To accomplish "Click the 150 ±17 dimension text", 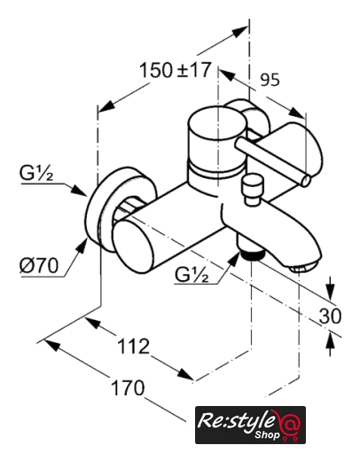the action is pyautogui.click(x=176, y=70).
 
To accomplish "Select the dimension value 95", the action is pyautogui.click(x=270, y=80).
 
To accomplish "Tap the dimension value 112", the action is pyautogui.click(x=133, y=346).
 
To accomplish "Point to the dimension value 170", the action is pyautogui.click(x=128, y=387).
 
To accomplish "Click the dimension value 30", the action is pyautogui.click(x=330, y=316).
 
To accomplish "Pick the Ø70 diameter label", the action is pyautogui.click(x=39, y=266).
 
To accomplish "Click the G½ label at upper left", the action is pyautogui.click(x=36, y=174).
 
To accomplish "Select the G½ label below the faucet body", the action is pyautogui.click(x=192, y=275).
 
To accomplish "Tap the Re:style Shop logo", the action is pyautogui.click(x=250, y=425).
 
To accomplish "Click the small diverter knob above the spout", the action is pyautogui.click(x=252, y=188).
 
